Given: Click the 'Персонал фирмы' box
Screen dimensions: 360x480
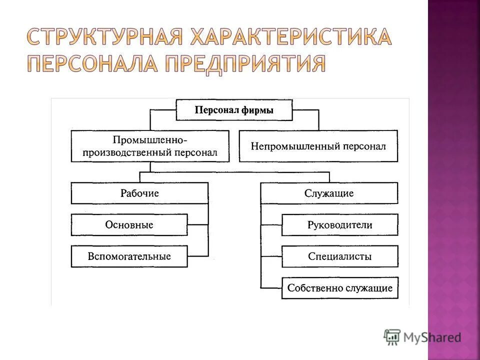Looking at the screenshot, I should pos(234,110).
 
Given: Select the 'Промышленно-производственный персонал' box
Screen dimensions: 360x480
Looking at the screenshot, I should pos(150,146).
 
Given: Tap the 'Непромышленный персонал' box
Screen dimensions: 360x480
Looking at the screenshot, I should pos(318,146).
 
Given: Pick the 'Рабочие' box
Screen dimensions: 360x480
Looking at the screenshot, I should pos(139,193).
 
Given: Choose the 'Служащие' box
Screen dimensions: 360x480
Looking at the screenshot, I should pos(329,193).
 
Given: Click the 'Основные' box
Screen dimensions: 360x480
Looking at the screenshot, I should pos(129,225).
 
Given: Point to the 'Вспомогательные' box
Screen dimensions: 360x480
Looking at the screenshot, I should pos(129,256).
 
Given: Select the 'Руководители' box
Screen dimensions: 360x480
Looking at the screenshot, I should pos(340,225).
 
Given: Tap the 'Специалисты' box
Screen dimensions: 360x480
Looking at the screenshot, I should pos(340,256).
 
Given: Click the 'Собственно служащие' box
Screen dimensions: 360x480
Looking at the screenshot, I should pos(340,288).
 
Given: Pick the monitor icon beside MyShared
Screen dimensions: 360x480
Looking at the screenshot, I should pos(393,337).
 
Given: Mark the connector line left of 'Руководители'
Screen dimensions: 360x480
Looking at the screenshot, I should pos(271,225).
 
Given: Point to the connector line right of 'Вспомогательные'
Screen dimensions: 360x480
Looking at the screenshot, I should pos(198,256).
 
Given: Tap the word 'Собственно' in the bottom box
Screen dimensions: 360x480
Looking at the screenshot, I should pos(308,288).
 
